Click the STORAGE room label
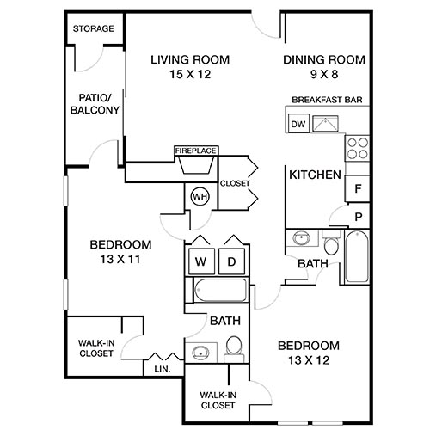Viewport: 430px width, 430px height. (93, 29)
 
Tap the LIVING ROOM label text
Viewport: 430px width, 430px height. (191, 59)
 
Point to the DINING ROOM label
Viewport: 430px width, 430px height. (324, 59)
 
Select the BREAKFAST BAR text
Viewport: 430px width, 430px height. (326, 100)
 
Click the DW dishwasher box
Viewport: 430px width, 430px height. (298, 125)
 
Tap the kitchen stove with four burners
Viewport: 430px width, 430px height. (356, 149)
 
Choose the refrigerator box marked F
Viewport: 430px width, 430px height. (357, 186)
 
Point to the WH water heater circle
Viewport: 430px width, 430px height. (200, 196)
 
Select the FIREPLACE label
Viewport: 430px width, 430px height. (196, 150)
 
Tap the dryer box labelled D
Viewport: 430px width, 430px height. (231, 261)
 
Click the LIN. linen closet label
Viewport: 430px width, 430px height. (163, 369)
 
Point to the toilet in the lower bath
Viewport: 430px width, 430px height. (232, 349)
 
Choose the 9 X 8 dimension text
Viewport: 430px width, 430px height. (324, 74)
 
